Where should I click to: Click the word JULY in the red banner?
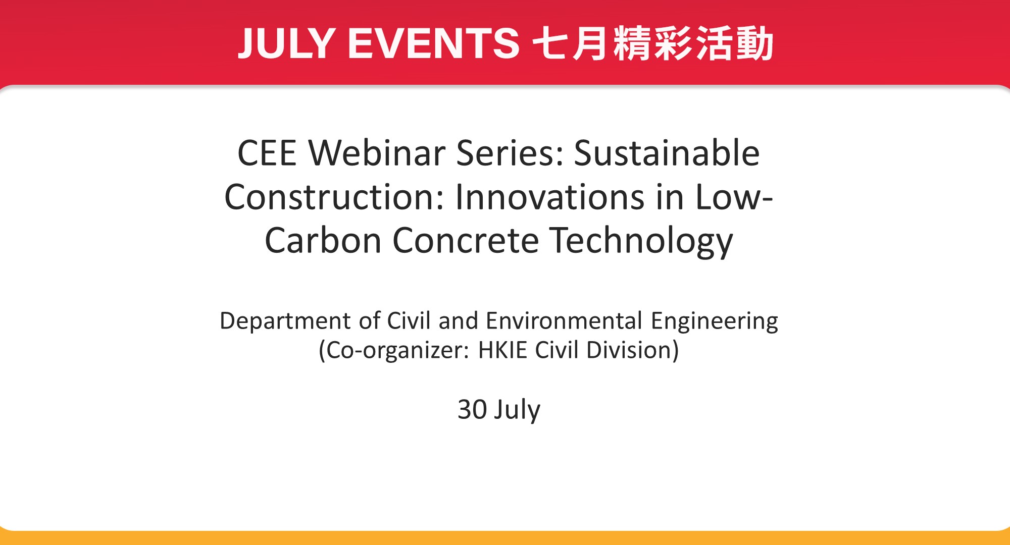point(286,43)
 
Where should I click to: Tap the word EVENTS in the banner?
point(434,43)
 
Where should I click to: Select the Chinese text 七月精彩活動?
point(653,43)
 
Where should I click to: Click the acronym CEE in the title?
point(267,153)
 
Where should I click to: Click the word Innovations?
point(549,197)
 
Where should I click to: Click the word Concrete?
point(466,241)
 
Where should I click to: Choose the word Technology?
point(641,241)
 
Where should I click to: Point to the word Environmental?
point(564,321)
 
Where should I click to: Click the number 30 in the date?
point(472,409)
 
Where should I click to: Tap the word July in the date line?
point(517,410)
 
